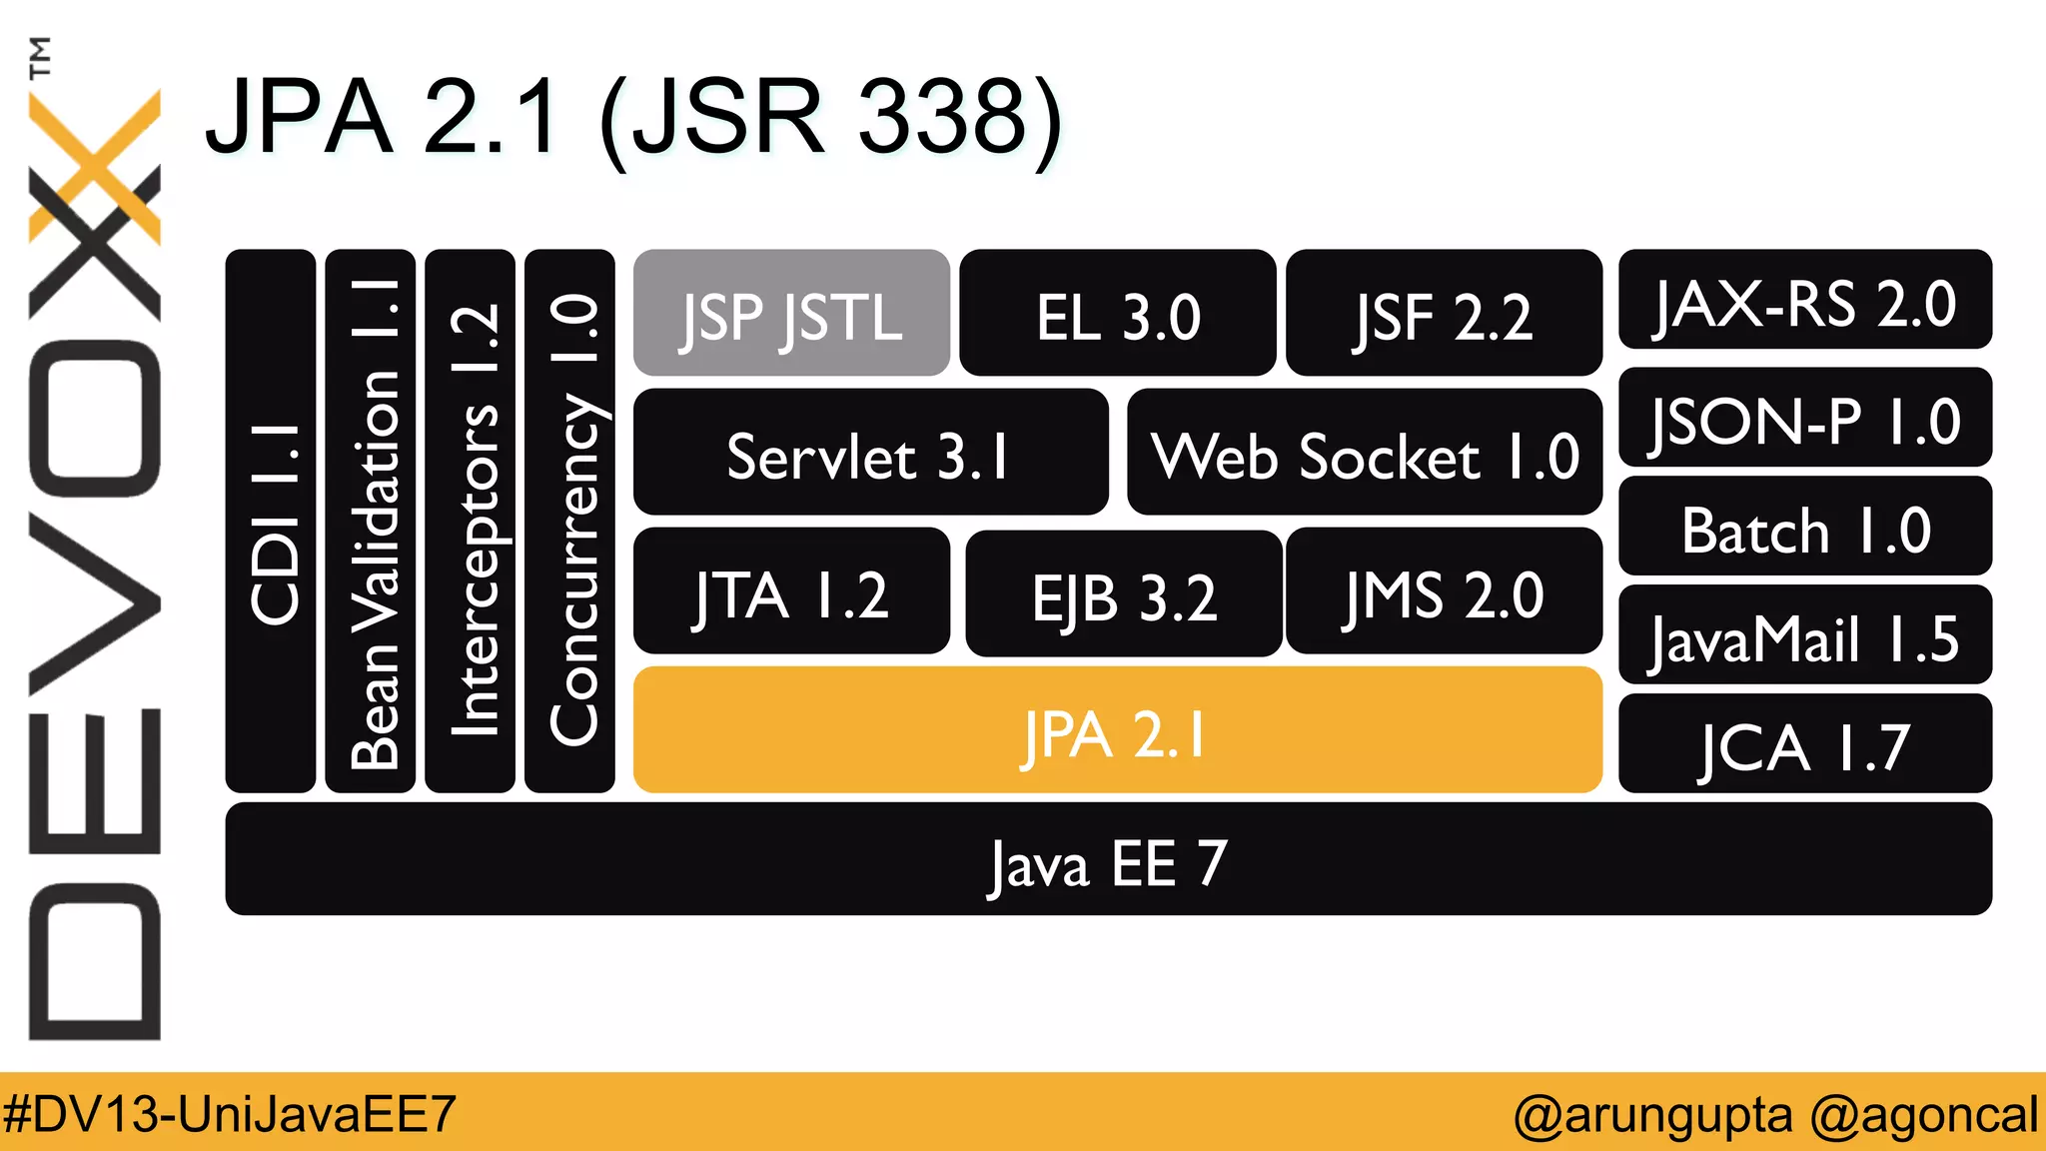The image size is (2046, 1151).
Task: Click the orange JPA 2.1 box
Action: (1117, 730)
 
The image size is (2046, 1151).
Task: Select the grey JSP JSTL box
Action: (791, 314)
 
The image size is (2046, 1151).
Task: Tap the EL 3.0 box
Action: (1117, 314)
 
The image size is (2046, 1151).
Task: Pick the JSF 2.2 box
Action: (1444, 314)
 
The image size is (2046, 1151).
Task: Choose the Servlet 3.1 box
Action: (870, 453)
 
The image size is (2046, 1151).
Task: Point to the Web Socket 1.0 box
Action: (1364, 453)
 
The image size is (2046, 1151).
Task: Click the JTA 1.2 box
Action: (791, 591)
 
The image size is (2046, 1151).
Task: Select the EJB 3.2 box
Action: (1123, 593)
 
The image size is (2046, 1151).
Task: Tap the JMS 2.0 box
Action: (1444, 591)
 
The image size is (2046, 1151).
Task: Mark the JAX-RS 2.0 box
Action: (1804, 300)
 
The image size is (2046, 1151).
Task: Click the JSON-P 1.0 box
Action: (1804, 418)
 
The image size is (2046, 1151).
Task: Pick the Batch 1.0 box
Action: (1804, 527)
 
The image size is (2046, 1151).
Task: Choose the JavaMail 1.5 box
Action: (1804, 635)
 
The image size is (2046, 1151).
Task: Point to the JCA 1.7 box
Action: (1804, 744)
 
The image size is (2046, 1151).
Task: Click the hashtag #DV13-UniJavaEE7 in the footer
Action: (230, 1113)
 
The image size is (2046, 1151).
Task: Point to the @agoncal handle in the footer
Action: (1923, 1113)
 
